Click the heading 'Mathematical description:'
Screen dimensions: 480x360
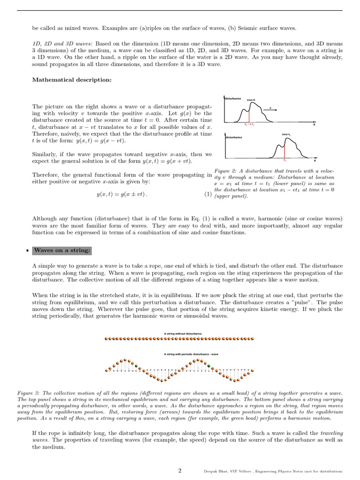[72, 80]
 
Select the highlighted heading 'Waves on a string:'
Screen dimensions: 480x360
[62, 250]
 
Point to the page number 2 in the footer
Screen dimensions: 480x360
[180, 471]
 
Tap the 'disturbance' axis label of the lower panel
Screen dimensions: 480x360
[233, 137]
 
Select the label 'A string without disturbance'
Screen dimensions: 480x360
[183, 333]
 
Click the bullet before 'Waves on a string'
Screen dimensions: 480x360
[27, 251]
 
